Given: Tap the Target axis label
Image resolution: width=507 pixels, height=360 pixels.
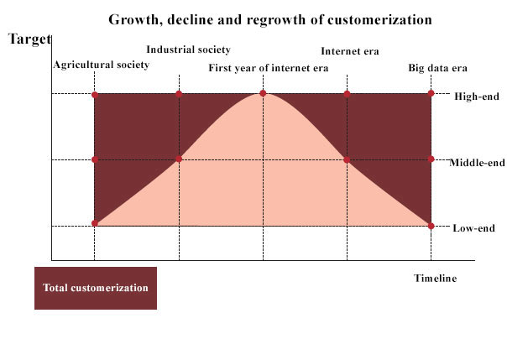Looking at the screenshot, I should point(29,39).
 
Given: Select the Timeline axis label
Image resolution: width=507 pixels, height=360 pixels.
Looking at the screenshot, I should point(436,279).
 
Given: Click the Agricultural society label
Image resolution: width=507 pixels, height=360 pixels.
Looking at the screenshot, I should point(101,65).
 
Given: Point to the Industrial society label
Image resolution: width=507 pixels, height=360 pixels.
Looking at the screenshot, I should point(188,50).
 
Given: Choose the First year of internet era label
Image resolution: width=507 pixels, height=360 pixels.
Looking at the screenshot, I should point(269,67).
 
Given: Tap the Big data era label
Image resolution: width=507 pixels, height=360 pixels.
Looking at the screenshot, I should point(437,67).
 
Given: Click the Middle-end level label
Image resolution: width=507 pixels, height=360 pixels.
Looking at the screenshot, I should point(478,162).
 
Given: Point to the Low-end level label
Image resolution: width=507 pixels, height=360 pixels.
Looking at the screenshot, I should point(474,227).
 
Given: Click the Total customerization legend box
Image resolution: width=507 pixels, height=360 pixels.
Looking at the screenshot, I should point(96,288).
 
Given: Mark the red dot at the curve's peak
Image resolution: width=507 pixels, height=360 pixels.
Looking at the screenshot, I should point(263,93).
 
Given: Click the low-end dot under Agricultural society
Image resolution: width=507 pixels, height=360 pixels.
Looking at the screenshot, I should point(95,223).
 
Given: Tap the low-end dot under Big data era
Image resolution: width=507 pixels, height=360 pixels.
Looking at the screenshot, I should point(431,226).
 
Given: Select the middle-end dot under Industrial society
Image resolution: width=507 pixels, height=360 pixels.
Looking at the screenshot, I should point(179,159).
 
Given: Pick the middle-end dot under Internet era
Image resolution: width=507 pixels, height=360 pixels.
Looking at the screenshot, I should point(347,159).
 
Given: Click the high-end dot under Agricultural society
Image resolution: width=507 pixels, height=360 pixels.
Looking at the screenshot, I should point(95,95).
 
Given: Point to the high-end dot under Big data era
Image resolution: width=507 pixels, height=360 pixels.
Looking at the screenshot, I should point(431,93).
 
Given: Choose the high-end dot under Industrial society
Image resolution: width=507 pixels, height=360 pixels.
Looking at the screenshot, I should point(179,93).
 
